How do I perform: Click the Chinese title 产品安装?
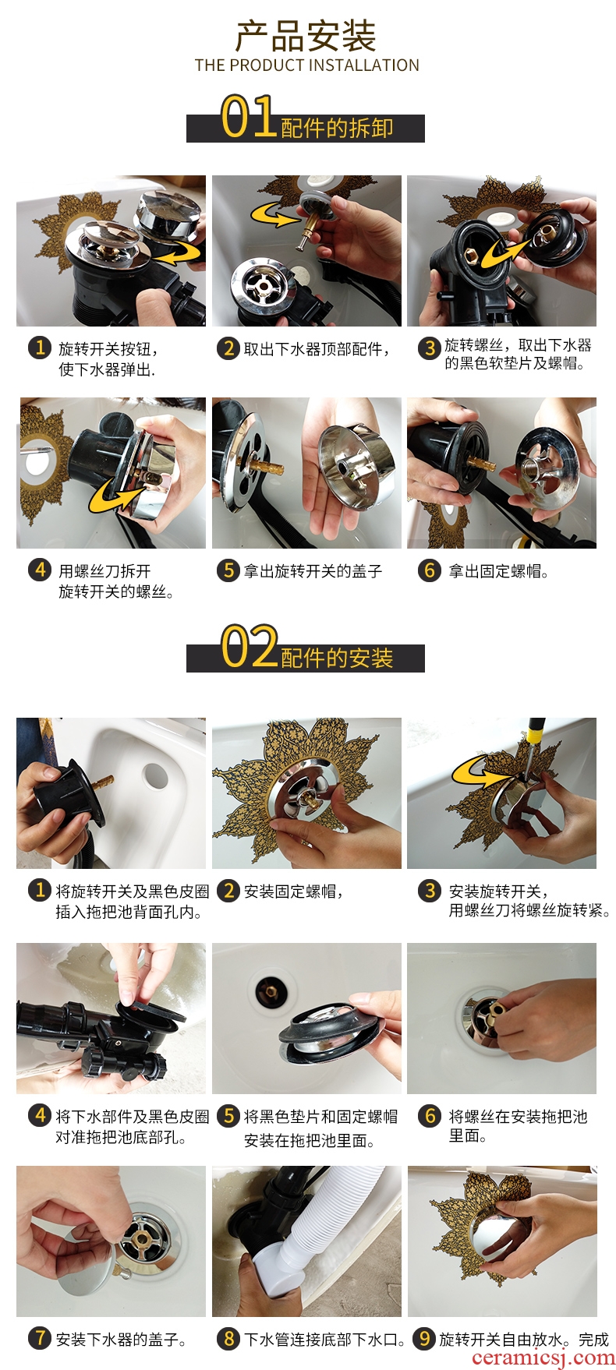tap(306, 35)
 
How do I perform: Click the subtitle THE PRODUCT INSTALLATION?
tap(307, 65)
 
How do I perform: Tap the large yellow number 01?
tap(249, 117)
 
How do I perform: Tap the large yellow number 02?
tap(249, 647)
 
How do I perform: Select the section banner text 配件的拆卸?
tap(337, 128)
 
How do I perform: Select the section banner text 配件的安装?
tap(337, 658)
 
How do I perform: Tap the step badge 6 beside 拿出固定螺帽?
tap(429, 570)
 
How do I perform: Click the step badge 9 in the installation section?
tap(423, 1339)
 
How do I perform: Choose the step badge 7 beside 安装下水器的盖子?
tap(40, 1339)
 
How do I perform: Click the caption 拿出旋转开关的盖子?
tap(313, 571)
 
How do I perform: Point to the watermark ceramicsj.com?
tap(543, 1357)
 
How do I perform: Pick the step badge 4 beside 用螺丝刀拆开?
tap(40, 570)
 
